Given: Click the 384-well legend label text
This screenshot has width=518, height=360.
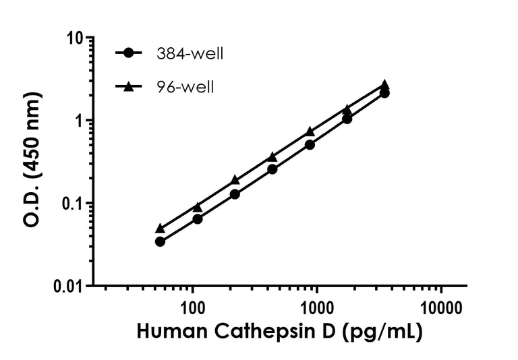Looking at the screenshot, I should point(189,54).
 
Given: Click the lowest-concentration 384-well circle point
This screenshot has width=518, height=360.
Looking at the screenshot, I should point(160,241).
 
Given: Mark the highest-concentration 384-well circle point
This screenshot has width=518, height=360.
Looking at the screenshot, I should point(384,93).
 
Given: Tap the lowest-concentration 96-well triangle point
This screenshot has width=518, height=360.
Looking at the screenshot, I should point(160,229).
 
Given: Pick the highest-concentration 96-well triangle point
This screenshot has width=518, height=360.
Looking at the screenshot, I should point(384,84).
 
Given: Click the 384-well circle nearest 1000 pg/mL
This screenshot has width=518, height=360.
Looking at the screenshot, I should point(310,144).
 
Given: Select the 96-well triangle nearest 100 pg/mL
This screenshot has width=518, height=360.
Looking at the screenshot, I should point(198,207).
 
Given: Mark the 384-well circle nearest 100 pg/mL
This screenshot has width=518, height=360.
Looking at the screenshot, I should point(198,219).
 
